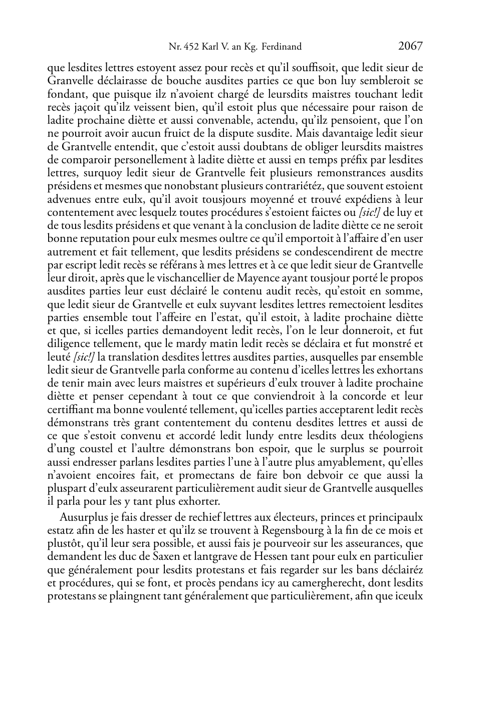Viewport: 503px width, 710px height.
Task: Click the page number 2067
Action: click(x=410, y=47)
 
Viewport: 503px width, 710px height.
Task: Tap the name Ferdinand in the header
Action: click(x=282, y=47)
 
